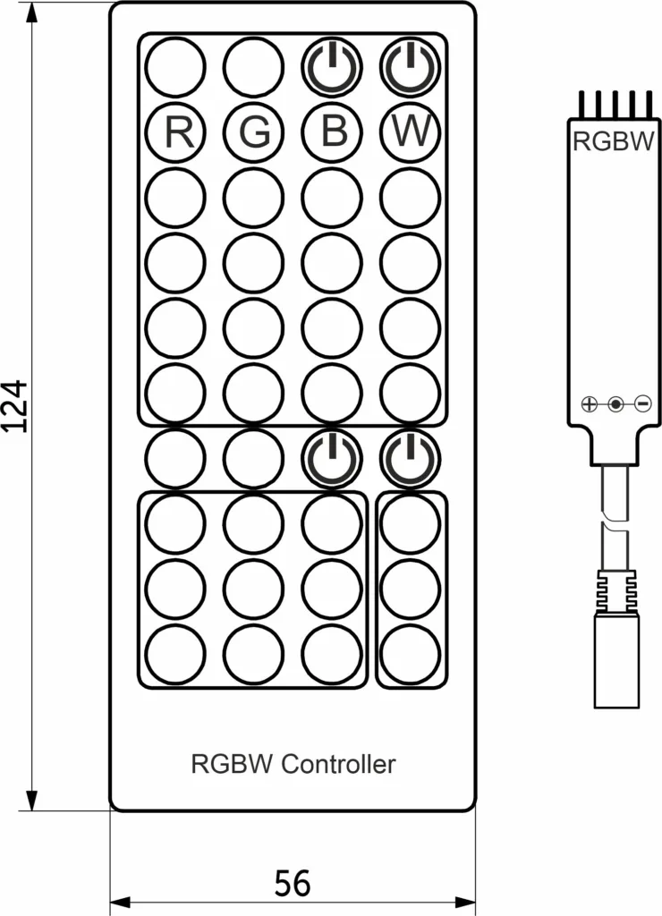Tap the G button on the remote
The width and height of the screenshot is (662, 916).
click(254, 132)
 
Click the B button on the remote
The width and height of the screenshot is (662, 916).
click(332, 132)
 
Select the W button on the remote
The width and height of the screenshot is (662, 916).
click(411, 132)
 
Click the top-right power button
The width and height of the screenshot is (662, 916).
click(411, 66)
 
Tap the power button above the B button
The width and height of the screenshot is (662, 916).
click(332, 66)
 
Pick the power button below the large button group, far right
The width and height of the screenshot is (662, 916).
click(411, 458)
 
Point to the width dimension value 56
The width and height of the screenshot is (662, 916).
click(292, 884)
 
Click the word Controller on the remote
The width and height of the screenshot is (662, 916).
click(338, 764)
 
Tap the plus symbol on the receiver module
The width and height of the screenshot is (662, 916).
click(588, 404)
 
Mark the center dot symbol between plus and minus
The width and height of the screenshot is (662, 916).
click(615, 404)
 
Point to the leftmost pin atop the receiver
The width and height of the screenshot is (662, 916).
click(580, 104)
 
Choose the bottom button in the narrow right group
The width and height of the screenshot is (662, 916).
click(411, 653)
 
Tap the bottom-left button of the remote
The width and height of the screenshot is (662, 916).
click(175, 653)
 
